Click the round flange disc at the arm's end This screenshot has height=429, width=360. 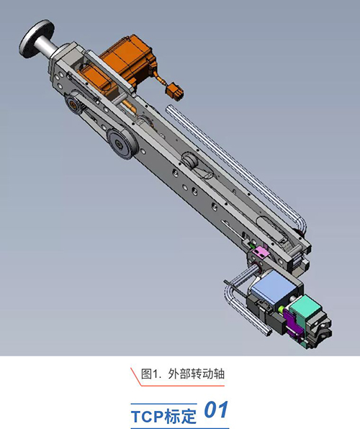pos(37,38)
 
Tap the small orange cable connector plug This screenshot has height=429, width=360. pos(174,91)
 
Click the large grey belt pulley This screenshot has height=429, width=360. pos(122,143)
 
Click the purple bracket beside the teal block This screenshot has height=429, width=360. pos(292,324)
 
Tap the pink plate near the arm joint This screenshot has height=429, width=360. pos(260,251)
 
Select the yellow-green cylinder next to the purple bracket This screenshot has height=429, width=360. pos(281,310)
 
